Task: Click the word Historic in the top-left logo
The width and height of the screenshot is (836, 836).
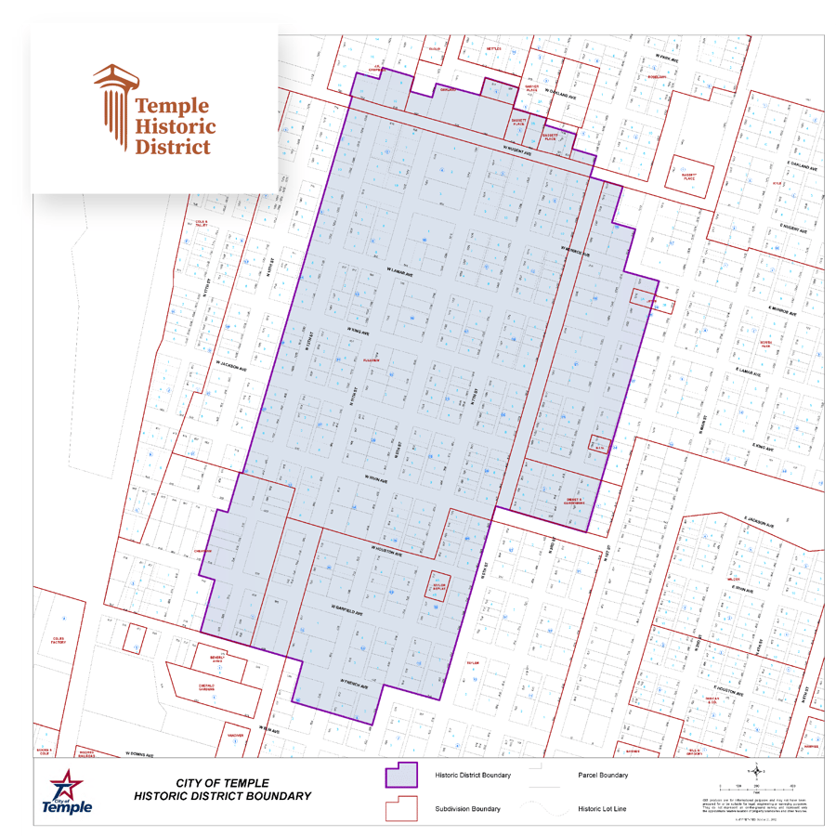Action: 176,126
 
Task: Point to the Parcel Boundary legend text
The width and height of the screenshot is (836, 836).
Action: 603,776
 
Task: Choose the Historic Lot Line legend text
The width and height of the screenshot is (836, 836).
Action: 604,809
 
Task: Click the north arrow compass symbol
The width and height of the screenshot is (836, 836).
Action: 761,771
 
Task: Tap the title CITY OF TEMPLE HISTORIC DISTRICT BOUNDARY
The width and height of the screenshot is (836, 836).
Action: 222,790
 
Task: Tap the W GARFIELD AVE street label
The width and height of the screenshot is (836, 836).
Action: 346,611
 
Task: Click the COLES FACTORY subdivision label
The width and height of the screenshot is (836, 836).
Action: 59,640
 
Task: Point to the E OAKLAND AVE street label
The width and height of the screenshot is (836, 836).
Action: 801,164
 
